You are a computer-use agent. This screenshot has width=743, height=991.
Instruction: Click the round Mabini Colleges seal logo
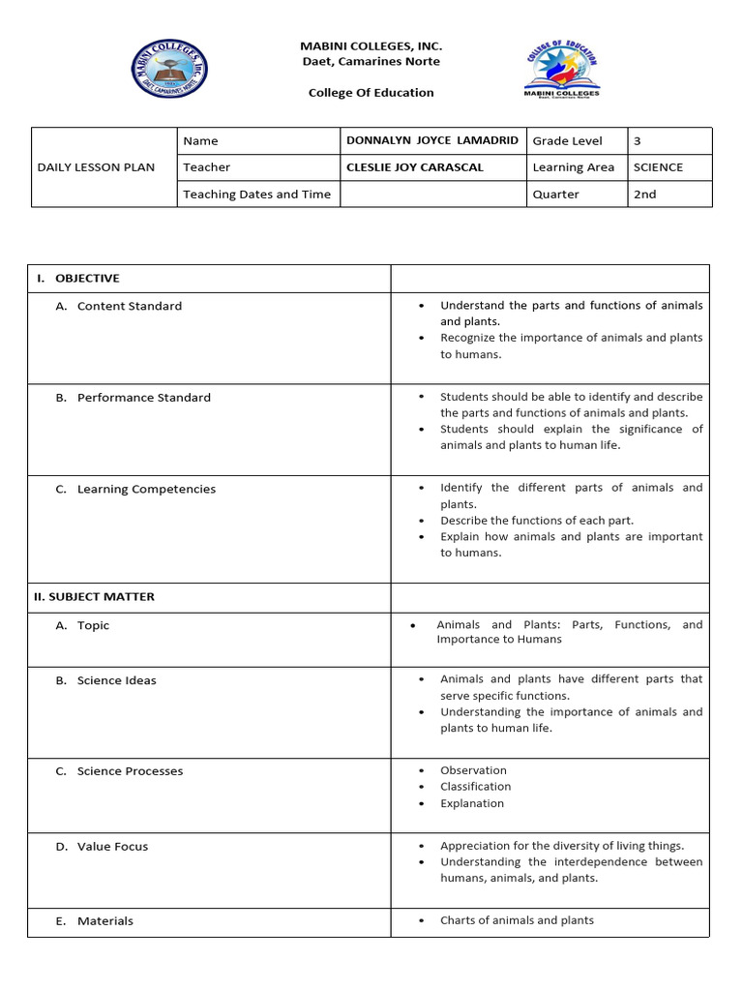pos(169,69)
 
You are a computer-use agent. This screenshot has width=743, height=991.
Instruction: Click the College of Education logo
pos(561,70)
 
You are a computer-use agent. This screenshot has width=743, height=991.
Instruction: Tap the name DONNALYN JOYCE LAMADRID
pos(432,140)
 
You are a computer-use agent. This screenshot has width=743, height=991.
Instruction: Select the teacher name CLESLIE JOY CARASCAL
pos(414,167)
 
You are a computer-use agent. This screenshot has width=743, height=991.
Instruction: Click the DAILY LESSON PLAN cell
pos(96,167)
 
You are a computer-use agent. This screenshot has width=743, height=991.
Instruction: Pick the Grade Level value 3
pos(638,141)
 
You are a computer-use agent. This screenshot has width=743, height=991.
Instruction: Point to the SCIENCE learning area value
pos(658,167)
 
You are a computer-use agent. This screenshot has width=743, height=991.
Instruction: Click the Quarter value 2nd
pos(644,195)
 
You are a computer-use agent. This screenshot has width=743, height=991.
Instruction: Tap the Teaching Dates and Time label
pos(256,195)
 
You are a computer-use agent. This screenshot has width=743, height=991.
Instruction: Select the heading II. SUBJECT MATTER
pos(95,597)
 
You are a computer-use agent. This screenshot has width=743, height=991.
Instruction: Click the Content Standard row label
pos(129,306)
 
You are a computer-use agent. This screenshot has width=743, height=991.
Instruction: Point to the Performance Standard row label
pos(143,398)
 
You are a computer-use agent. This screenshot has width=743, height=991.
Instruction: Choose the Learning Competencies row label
pos(146,490)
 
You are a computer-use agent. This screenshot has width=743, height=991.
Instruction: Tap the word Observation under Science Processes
pos(473,770)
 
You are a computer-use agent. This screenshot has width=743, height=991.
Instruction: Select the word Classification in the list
pos(475,787)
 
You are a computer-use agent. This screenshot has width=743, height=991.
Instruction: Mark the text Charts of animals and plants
pos(517,920)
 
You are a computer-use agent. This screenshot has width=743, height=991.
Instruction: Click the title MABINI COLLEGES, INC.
pos(371,45)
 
